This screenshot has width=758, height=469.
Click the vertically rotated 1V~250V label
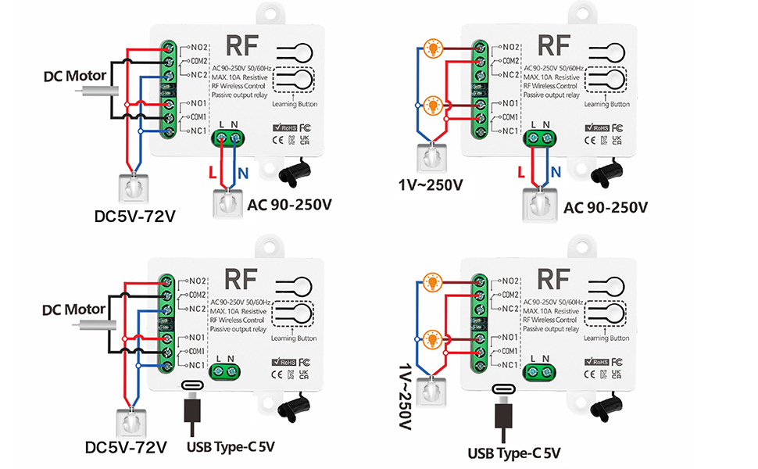404,399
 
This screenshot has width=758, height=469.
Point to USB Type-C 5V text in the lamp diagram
514,452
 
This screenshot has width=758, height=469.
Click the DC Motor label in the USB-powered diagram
73,309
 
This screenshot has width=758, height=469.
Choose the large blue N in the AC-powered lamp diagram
556,171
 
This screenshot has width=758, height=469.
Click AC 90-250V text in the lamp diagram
605,206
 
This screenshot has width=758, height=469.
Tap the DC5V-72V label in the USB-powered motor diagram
126,447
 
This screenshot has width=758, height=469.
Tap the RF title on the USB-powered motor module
243,279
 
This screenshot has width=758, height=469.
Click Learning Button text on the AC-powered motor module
295,104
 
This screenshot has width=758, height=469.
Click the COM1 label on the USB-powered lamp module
510,351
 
